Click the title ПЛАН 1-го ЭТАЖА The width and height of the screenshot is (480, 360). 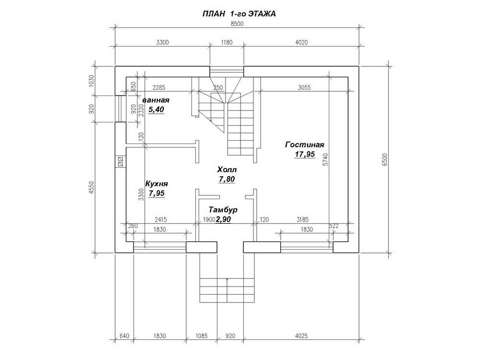coord(239,14)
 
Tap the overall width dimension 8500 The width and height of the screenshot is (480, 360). coord(237,24)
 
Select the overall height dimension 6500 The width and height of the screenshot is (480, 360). coord(385,159)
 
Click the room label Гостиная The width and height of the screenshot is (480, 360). coord(304,144)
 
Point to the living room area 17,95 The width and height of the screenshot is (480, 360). coord(305,154)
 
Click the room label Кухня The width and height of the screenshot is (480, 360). coord(156,184)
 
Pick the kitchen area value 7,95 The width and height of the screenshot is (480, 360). coord(157,193)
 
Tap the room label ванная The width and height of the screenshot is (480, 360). coord(156,100)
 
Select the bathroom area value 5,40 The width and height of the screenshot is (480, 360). coord(156,109)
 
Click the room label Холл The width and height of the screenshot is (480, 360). coord(227,169)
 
